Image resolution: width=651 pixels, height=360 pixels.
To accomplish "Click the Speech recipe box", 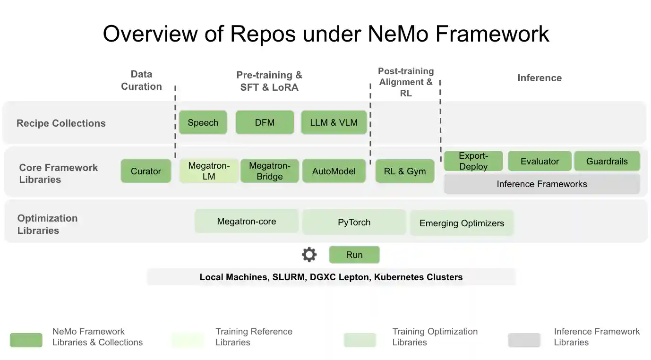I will point(203,122).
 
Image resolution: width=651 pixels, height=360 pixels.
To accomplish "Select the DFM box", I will point(265,122).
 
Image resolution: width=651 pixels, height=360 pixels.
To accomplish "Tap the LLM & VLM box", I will point(334,122).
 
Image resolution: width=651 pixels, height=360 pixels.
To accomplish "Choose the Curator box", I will point(146,171).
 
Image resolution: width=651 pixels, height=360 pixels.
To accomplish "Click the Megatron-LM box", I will point(209,171).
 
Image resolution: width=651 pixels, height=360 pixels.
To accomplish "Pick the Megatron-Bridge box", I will point(269,171).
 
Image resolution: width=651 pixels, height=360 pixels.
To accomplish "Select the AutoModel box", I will point(334,171).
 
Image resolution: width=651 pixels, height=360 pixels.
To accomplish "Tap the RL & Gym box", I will point(405,171).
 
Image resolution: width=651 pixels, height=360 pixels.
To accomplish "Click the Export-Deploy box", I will point(473,161).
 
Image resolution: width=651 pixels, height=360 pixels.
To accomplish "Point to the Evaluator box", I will point(540,161).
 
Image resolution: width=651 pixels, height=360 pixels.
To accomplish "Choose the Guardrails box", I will point(607,161).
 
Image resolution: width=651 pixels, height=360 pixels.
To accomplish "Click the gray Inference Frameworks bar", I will point(541,184).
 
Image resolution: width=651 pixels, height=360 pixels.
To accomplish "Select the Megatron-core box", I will point(246,221).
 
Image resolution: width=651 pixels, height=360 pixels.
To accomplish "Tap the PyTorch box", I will point(354,222).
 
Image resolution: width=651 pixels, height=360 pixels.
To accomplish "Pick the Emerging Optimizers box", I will point(462,223).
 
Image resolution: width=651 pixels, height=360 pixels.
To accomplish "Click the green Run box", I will point(354,255).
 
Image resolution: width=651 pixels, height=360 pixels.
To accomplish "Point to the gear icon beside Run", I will point(309,255).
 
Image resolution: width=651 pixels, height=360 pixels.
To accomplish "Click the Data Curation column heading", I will point(141,80).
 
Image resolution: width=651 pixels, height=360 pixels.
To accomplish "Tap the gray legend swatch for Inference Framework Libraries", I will point(524,340).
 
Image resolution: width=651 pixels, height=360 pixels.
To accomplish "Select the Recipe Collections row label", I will point(61,123).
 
